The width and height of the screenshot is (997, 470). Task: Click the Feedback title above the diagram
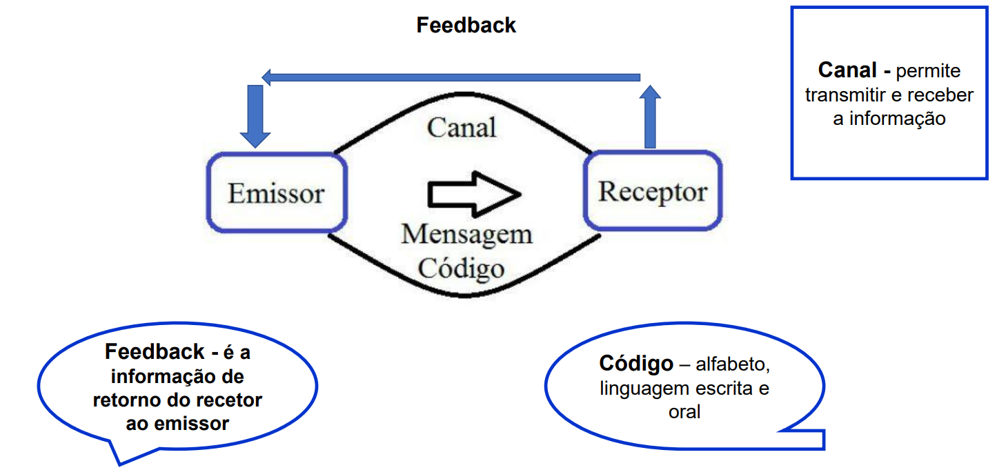pyautogui.click(x=466, y=26)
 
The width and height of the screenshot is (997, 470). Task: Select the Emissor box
pyautogui.click(x=276, y=193)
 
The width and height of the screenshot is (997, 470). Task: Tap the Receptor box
pyautogui.click(x=652, y=191)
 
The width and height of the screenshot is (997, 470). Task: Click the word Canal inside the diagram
pyautogui.click(x=462, y=128)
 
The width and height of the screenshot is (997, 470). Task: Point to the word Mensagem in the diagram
pyautogui.click(x=466, y=235)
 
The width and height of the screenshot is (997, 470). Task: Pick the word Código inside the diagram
pyautogui.click(x=461, y=268)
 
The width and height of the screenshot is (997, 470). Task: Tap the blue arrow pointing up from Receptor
pyautogui.click(x=649, y=117)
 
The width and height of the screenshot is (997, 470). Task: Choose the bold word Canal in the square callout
pyautogui.click(x=848, y=70)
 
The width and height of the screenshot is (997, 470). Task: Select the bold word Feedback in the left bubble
pyautogui.click(x=155, y=352)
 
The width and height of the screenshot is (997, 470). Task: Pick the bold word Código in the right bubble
pyautogui.click(x=636, y=364)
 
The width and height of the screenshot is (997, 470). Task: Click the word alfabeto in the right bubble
pyautogui.click(x=733, y=364)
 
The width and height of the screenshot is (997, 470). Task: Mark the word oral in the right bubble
pyautogui.click(x=684, y=413)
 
